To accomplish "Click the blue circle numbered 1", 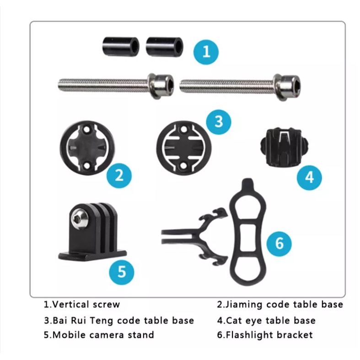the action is click(206, 52).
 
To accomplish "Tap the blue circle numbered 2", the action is click(119, 176).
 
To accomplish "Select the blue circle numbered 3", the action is click(219, 122).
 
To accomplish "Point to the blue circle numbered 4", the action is click(309, 177).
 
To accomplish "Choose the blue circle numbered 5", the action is click(122, 272).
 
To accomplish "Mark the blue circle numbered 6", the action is click(279, 244).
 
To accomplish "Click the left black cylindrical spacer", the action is click(121, 47).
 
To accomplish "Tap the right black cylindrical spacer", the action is click(165, 47).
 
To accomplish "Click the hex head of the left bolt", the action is click(161, 86).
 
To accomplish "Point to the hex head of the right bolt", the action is click(287, 87).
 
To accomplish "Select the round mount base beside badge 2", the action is click(87, 148).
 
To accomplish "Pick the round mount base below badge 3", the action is click(184, 148).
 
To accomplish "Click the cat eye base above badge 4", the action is click(284, 146).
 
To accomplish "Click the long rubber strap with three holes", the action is click(248, 232).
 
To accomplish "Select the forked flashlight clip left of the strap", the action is click(195, 236).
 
